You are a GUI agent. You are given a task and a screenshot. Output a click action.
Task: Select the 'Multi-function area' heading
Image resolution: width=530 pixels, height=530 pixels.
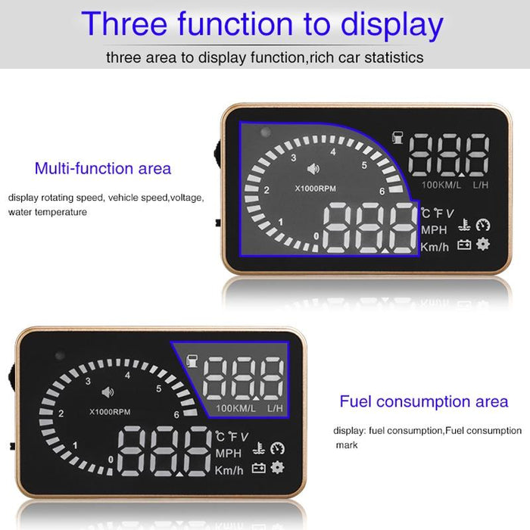pyautogui.click(x=103, y=168)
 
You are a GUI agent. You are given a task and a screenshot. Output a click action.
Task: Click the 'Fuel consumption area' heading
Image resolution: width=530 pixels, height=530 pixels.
pyautogui.click(x=424, y=401)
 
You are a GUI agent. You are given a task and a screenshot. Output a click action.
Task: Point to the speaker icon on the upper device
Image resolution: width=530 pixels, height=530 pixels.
pyautogui.click(x=312, y=170)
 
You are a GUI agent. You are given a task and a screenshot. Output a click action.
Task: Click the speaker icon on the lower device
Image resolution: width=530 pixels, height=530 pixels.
pyautogui.click(x=107, y=392)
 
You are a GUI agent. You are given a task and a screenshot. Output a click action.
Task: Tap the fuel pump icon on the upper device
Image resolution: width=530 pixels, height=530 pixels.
pyautogui.click(x=397, y=138)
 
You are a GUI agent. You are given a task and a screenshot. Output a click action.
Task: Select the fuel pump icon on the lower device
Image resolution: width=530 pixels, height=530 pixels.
pyautogui.click(x=192, y=358)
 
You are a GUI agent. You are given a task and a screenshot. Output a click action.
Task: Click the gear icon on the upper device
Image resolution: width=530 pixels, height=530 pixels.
pyautogui.click(x=482, y=244)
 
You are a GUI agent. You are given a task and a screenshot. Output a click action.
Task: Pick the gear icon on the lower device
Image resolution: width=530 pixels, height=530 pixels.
pyautogui.click(x=278, y=467)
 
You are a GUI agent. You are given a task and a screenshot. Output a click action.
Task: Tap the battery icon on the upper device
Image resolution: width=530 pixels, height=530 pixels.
pyautogui.click(x=463, y=245)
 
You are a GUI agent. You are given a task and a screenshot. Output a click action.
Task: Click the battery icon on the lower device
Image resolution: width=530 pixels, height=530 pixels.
pyautogui.click(x=259, y=468)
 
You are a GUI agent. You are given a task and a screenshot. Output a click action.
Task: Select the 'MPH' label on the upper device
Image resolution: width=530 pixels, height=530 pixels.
pyautogui.click(x=435, y=229)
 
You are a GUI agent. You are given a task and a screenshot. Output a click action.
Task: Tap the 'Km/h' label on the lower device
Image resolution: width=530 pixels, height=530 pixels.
pyautogui.click(x=229, y=469)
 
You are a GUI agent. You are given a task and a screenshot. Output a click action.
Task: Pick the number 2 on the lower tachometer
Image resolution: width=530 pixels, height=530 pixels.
pyautogui.click(x=61, y=413)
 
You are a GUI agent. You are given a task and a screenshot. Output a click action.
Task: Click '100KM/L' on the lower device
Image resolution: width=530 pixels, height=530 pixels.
pyautogui.click(x=236, y=409)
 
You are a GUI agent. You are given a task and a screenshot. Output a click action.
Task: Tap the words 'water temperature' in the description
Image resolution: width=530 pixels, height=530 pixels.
pyautogui.click(x=48, y=212)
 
